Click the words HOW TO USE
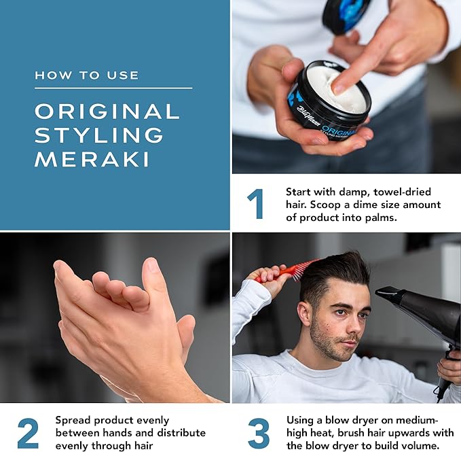pyautogui.click(x=87, y=75)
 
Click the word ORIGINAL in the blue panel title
pyautogui.click(x=107, y=111)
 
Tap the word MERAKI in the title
pyautogui.click(x=92, y=160)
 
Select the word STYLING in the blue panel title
pyautogui.click(x=99, y=135)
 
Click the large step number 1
pyautogui.click(x=255, y=204)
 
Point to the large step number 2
pyautogui.click(x=28, y=433)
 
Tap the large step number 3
pyautogui.click(x=259, y=433)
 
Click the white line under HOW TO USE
pyautogui.click(x=113, y=88)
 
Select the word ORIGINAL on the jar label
pyautogui.click(x=339, y=131)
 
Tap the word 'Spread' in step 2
pyautogui.click(x=73, y=421)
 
